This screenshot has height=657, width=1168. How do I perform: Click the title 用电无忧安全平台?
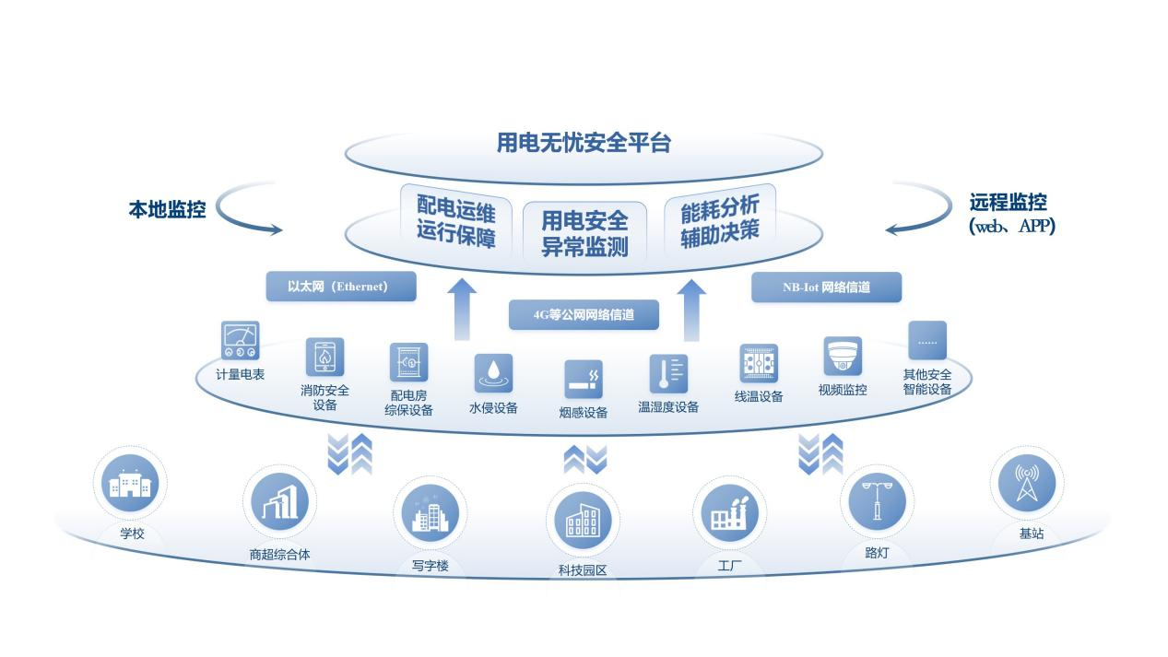click(584, 144)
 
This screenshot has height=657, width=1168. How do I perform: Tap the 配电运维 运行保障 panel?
click(455, 219)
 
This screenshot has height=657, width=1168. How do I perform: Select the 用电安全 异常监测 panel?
click(584, 231)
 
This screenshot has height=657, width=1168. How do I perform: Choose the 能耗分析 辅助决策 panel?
click(719, 219)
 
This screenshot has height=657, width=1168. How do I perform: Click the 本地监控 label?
click(167, 208)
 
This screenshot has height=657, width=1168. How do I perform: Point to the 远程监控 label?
click(1008, 203)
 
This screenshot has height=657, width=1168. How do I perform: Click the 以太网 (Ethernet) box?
click(340, 287)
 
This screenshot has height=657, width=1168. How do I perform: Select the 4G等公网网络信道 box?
click(584, 315)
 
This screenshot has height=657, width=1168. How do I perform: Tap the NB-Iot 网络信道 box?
click(826, 287)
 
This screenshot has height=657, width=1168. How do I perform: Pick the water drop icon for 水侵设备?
click(493, 372)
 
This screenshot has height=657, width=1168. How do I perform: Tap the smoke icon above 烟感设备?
click(584, 379)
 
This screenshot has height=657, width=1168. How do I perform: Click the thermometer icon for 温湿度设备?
click(668, 373)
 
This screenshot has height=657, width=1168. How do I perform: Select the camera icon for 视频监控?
click(843, 357)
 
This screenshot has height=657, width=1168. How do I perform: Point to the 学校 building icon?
click(128, 484)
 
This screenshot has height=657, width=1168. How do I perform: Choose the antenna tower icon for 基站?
click(1025, 483)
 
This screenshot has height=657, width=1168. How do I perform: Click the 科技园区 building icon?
click(583, 521)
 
